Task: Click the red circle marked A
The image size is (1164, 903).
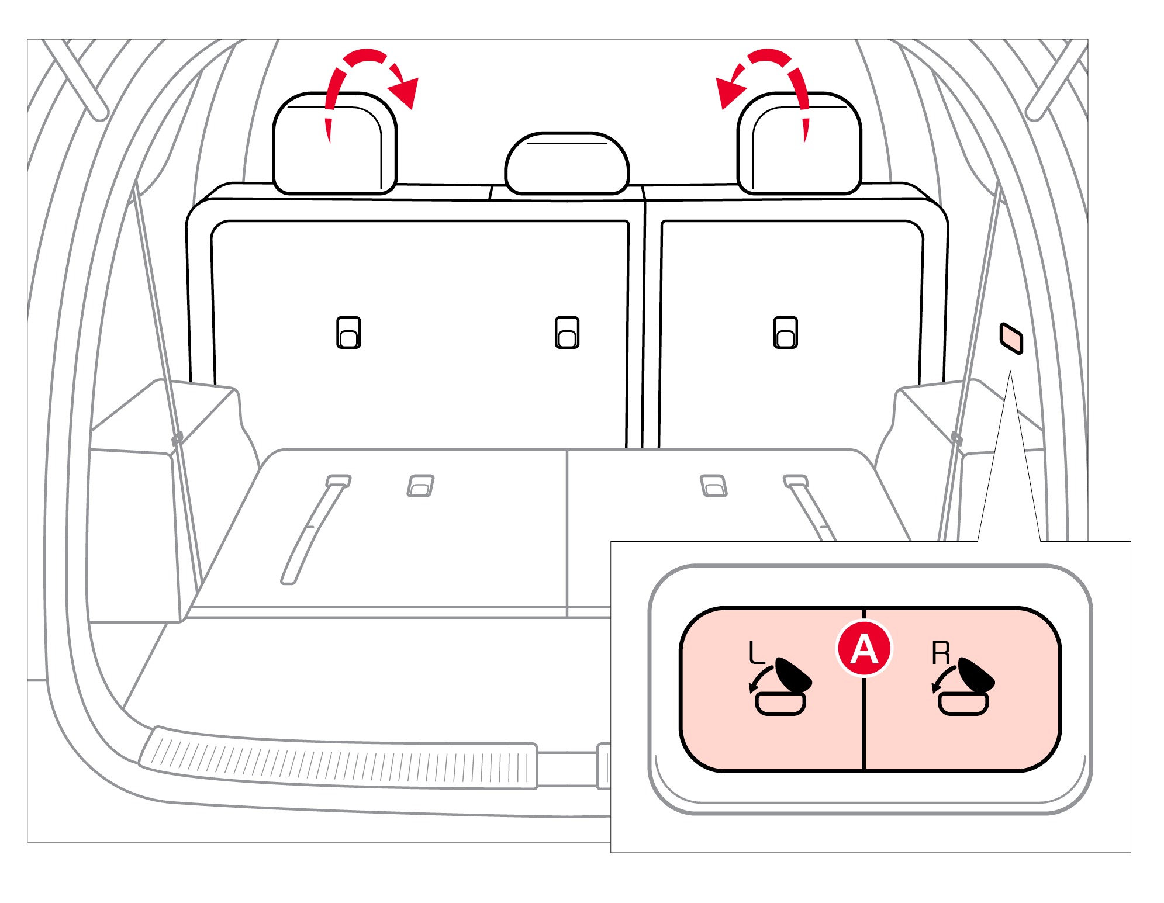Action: [864, 649]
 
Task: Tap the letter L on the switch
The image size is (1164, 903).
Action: [757, 652]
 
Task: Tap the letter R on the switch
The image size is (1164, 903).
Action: [941, 652]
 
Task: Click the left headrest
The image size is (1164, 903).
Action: [335, 143]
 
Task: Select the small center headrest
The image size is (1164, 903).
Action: [567, 164]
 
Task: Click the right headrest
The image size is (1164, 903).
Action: [799, 143]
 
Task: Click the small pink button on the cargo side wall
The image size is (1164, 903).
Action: [1011, 338]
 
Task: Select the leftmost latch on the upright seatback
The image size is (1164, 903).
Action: [348, 333]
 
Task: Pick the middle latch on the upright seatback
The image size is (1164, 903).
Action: [567, 333]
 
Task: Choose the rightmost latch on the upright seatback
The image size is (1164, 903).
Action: [785, 333]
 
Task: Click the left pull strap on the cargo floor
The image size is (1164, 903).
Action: [313, 529]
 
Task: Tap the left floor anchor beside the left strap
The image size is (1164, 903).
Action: [420, 486]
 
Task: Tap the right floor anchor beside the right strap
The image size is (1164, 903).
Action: [713, 486]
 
